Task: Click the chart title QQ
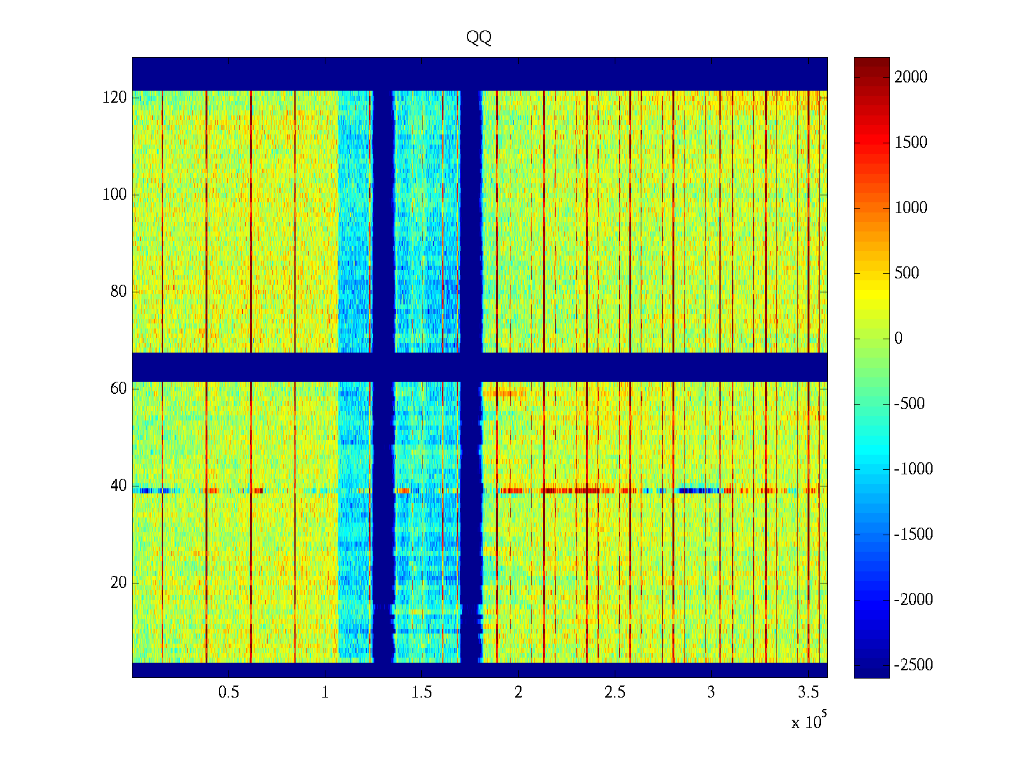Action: [479, 37]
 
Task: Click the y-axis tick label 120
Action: [115, 98]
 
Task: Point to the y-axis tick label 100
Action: [115, 195]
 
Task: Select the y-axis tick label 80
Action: [119, 292]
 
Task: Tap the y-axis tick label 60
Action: [119, 389]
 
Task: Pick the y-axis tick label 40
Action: [119, 486]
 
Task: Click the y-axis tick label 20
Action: [119, 583]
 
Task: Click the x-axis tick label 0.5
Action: [229, 693]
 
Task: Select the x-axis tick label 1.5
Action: [422, 693]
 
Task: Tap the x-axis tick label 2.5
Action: [615, 693]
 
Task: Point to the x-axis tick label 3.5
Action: [808, 693]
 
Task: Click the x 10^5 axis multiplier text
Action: [809, 721]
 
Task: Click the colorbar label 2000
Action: [911, 77]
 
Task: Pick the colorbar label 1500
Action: [911, 143]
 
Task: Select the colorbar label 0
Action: [898, 339]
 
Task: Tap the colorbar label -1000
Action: [913, 469]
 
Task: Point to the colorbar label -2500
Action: [913, 665]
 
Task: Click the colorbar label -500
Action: [910, 404]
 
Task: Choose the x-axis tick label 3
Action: [711, 693]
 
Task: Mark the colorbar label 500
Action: [907, 273]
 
